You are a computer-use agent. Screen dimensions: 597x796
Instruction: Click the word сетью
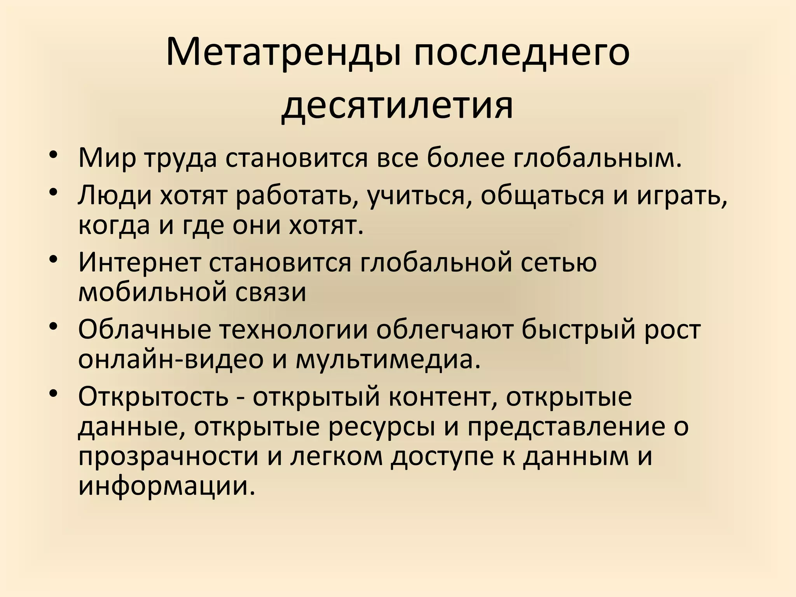(559, 262)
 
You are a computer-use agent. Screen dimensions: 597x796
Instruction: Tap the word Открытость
(153, 397)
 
